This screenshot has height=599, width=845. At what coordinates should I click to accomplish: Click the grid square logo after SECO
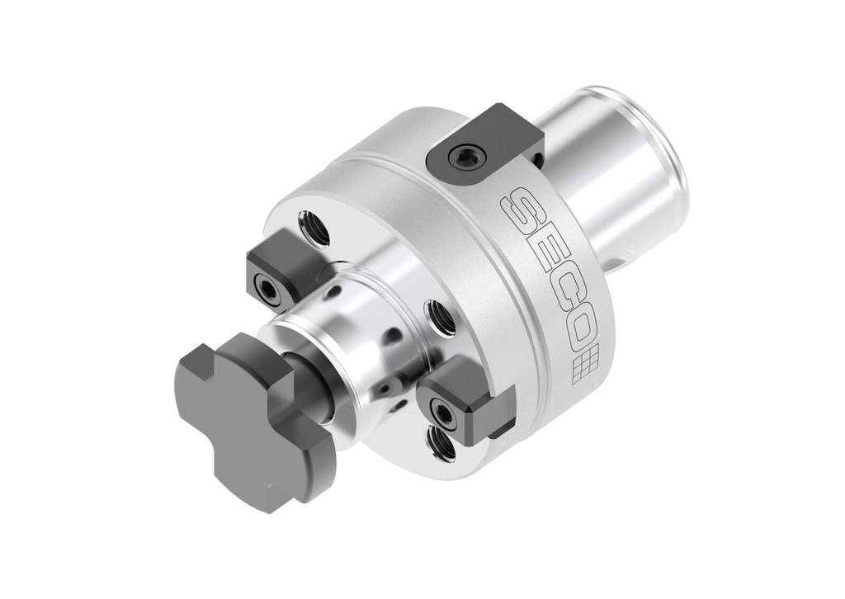click(x=585, y=364)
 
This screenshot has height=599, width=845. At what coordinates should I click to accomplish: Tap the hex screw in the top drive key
click(x=468, y=156)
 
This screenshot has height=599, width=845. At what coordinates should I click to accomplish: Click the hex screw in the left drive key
click(x=267, y=287)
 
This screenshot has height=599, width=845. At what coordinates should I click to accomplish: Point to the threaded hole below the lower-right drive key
click(x=442, y=446)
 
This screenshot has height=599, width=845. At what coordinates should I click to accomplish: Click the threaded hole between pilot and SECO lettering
click(x=439, y=318)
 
